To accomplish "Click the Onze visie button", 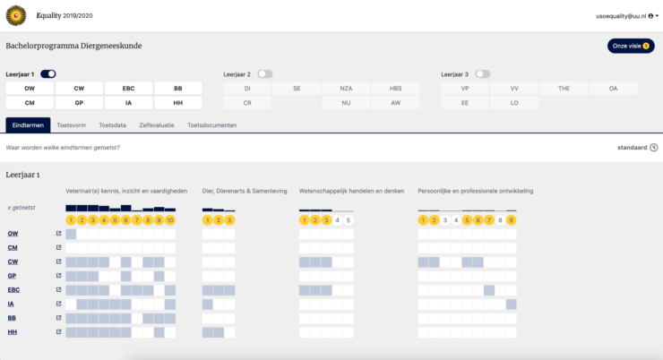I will (x=631, y=46).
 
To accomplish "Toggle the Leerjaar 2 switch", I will (x=265, y=73).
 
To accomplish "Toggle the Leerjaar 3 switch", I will (x=483, y=73).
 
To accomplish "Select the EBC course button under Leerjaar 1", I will (x=127, y=89).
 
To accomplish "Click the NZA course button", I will (x=346, y=89).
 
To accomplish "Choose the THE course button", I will (x=564, y=89).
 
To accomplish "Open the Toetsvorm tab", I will (x=70, y=125).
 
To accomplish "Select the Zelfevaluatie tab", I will (x=156, y=125).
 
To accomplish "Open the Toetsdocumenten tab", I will (x=212, y=125).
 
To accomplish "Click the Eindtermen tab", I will (x=27, y=125).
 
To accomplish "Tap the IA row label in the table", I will (x=12, y=304).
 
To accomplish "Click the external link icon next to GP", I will (x=58, y=275).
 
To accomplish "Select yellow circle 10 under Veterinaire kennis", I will (x=170, y=219).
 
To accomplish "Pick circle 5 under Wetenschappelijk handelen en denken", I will (x=349, y=219).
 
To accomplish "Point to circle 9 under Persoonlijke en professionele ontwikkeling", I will (x=511, y=219).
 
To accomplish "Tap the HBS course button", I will (x=395, y=89).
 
